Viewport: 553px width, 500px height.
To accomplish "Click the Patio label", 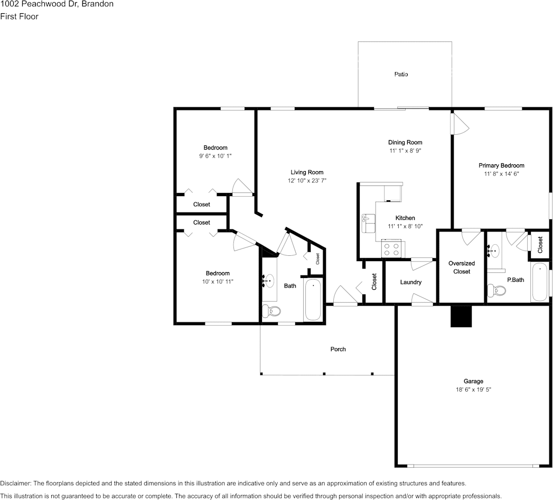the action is click(x=401, y=74).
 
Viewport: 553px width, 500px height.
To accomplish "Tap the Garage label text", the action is click(x=473, y=381).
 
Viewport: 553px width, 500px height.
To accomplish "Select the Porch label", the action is click(x=338, y=349).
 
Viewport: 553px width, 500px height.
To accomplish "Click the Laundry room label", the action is click(x=410, y=282).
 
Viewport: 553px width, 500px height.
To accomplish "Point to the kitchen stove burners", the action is click(x=392, y=249).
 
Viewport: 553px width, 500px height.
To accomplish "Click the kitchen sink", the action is click(x=369, y=223).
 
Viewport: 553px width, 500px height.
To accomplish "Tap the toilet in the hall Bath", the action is click(x=271, y=311).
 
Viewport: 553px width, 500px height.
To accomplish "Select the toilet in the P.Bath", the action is click(x=496, y=291).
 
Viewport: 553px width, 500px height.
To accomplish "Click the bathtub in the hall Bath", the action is click(x=313, y=300).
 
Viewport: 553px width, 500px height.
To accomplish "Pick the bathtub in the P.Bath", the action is click(x=540, y=282).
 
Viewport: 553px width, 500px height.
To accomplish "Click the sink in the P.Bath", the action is click(x=494, y=251).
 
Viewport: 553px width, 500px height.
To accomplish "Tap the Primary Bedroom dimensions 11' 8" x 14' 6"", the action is click(x=501, y=173).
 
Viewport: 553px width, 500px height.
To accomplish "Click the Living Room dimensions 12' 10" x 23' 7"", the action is click(x=307, y=181).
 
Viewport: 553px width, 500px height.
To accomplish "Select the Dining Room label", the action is click(x=405, y=142).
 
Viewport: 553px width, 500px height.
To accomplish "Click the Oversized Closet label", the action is click(x=461, y=267).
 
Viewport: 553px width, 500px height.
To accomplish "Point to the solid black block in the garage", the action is click(x=461, y=316).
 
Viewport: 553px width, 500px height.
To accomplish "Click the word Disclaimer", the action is click(x=15, y=484).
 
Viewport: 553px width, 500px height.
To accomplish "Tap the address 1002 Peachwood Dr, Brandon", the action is click(x=57, y=4).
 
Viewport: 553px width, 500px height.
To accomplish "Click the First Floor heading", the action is click(x=19, y=16).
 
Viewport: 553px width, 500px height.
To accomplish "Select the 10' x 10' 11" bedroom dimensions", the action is click(x=218, y=282).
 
